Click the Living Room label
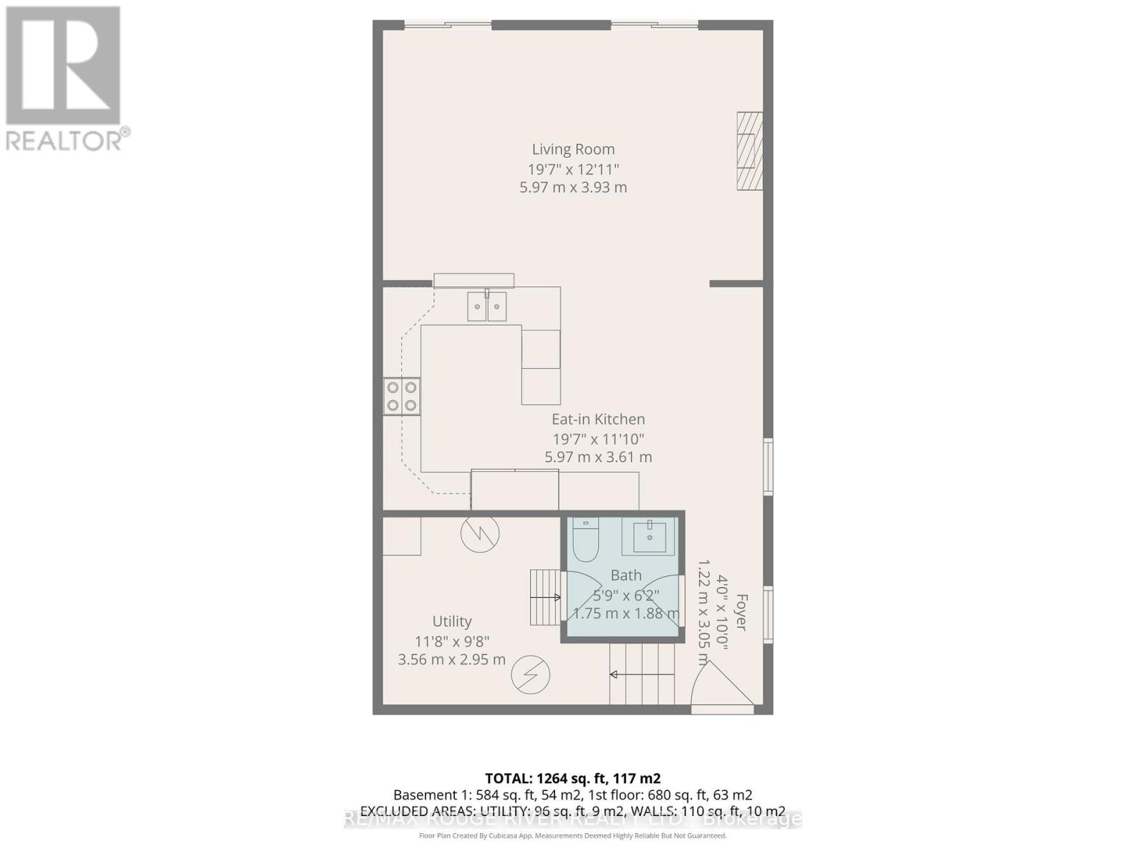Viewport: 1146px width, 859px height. click(x=573, y=150)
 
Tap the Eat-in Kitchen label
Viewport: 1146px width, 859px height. click(x=598, y=419)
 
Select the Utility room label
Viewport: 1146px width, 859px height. click(x=452, y=621)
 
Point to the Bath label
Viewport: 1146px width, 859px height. click(x=626, y=575)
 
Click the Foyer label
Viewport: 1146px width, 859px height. click(x=741, y=613)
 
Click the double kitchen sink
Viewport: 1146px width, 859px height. click(x=487, y=306)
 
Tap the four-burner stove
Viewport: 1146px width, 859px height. click(x=402, y=397)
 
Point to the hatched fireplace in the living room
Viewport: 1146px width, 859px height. click(x=750, y=151)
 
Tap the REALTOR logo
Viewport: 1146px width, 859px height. click(x=64, y=79)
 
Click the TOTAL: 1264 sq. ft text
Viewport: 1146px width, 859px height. click(x=572, y=779)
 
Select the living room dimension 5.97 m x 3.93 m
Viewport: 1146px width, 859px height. click(x=573, y=188)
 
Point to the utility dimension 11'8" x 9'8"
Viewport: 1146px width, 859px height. click(x=452, y=642)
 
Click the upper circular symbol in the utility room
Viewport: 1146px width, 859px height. click(x=480, y=533)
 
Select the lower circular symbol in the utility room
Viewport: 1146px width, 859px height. click(x=531, y=674)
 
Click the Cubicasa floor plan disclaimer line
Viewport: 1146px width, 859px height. click(x=572, y=835)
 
